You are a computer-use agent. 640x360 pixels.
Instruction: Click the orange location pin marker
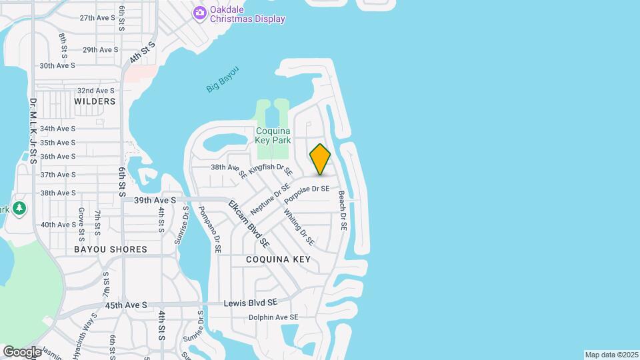coord(320,159)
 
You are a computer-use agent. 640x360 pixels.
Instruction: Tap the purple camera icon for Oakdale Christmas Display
coord(199,13)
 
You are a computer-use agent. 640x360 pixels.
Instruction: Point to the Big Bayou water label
coord(222,79)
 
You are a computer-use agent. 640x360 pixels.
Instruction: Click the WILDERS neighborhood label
coord(95,101)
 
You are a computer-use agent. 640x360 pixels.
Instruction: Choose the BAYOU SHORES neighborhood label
coord(111,249)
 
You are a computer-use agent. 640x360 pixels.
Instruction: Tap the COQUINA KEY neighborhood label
coord(278,259)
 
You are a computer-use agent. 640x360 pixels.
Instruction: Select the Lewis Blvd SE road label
coord(250,303)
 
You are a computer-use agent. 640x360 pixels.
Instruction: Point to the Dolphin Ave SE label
coord(273,317)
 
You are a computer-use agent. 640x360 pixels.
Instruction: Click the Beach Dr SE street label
coord(342,211)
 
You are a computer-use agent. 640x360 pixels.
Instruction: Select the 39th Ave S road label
coord(155,200)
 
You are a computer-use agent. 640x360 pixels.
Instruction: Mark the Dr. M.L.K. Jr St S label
coord(33,131)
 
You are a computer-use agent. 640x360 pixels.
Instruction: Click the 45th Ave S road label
coord(126,305)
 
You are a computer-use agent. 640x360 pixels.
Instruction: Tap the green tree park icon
coord(19,208)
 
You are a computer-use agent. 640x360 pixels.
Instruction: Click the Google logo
coord(22,351)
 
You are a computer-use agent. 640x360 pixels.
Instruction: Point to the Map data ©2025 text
coord(611,355)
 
